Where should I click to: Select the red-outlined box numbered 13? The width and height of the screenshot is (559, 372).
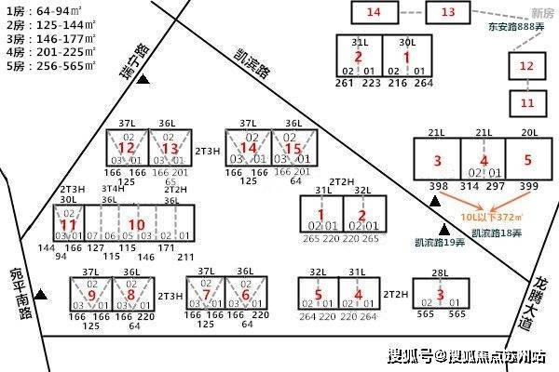coord(448,12)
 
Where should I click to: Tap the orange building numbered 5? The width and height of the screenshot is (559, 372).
coord(526,161)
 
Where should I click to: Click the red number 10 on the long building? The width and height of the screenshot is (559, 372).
coord(136,225)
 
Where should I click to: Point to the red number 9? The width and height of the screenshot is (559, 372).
coord(92,295)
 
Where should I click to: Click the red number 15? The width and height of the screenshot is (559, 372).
coord(293,149)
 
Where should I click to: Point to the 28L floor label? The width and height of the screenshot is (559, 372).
coord(440,272)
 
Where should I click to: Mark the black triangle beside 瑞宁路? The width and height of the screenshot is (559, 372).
coord(143,82)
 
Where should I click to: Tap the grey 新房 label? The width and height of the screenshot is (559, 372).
coord(541,10)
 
